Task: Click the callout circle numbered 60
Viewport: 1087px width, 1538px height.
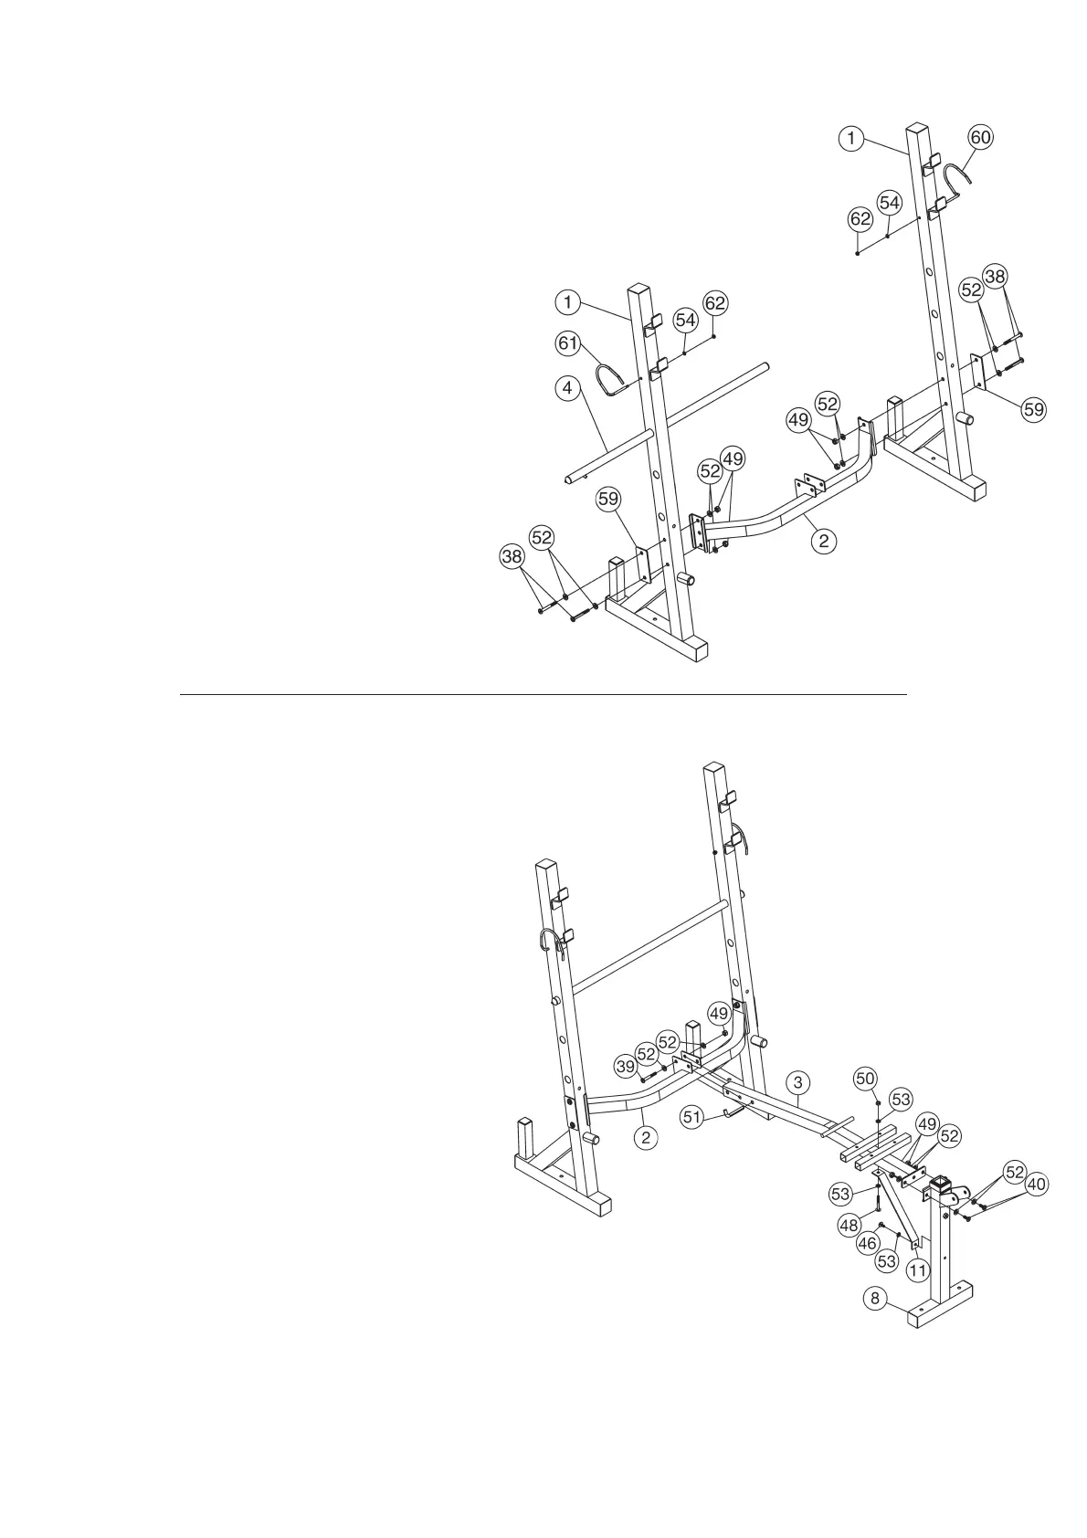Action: [979, 138]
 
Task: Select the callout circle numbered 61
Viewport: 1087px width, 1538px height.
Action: [567, 342]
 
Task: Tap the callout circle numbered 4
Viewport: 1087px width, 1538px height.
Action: [567, 388]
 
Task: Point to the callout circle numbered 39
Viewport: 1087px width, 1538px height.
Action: [625, 1066]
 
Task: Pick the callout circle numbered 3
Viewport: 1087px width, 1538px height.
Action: [797, 1082]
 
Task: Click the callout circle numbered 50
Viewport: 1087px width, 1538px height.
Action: [865, 1079]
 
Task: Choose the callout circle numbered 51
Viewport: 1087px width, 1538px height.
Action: [693, 1116]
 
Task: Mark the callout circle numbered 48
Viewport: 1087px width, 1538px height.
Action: [849, 1226]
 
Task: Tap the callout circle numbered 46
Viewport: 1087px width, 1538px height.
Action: [865, 1242]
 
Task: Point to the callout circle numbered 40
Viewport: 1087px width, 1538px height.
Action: [1036, 1185]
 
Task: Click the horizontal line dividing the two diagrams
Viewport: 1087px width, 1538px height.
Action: [543, 694]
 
